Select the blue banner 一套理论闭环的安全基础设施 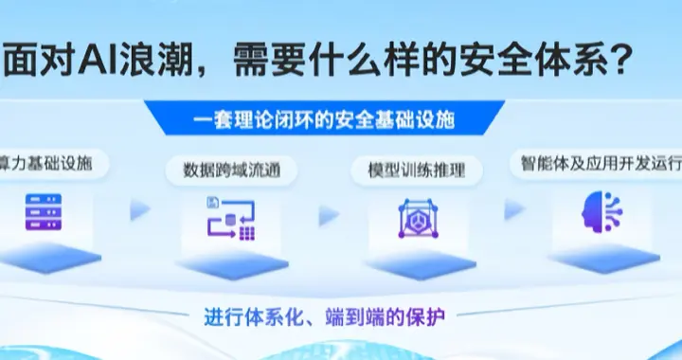(323, 121)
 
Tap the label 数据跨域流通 (224, 171)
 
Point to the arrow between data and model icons (328, 215)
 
